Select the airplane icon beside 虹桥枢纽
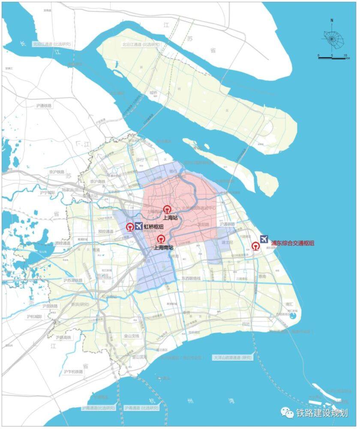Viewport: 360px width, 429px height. [138, 227]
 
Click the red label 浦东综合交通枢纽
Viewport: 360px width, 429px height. [292, 243]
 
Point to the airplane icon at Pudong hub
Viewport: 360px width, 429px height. [264, 239]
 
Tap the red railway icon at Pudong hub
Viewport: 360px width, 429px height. [255, 246]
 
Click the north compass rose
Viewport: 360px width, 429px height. [332, 39]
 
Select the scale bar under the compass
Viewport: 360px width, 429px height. [332, 58]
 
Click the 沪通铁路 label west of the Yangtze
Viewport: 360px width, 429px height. [45, 106]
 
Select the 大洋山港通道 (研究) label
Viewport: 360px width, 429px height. [232, 357]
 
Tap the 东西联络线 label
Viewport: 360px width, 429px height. [191, 278]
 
